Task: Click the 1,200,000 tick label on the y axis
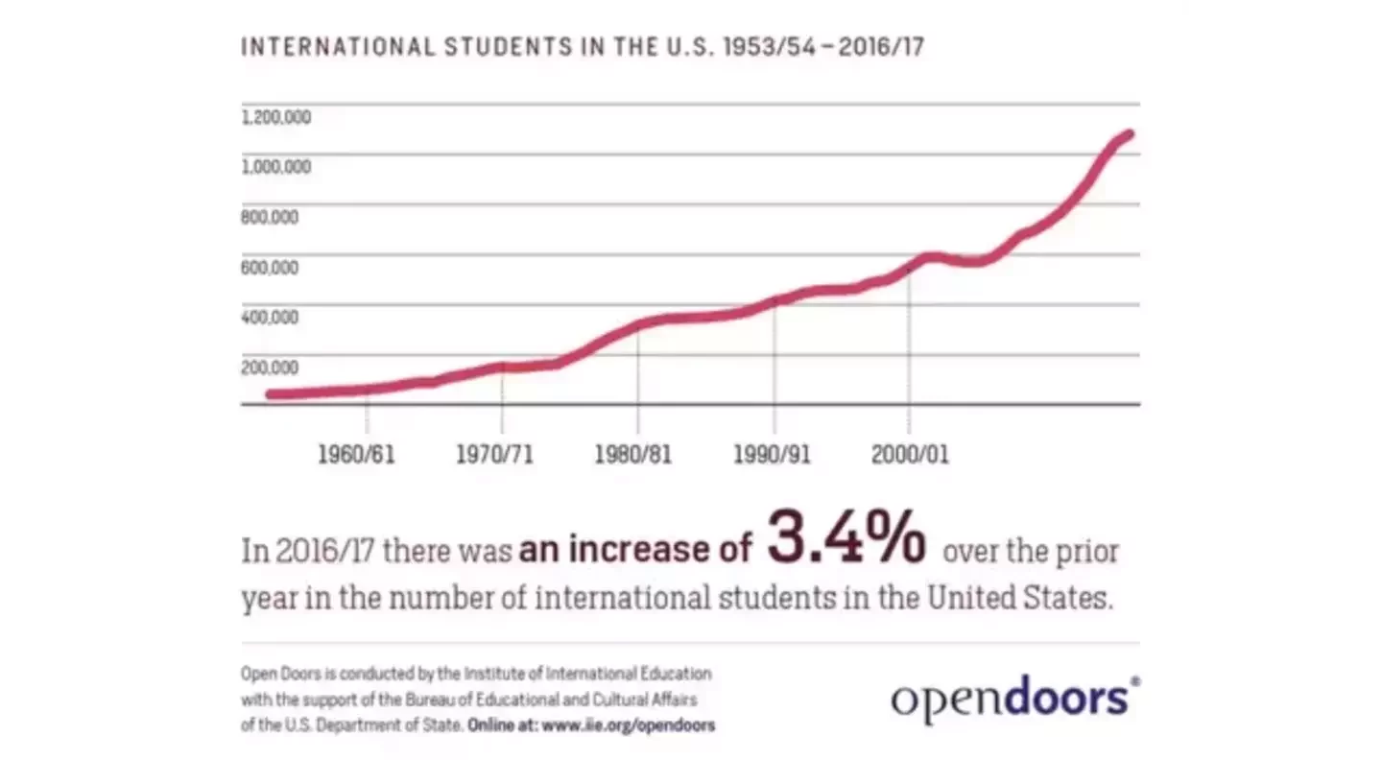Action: [275, 117]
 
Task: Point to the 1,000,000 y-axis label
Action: [275, 167]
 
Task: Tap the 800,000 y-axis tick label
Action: [269, 217]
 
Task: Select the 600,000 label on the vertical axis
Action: [269, 267]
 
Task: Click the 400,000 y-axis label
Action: [269, 317]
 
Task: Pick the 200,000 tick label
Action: [269, 367]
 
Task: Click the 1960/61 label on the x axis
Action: [356, 454]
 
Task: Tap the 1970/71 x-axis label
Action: [494, 454]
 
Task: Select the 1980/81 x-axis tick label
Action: [632, 454]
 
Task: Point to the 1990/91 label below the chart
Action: [772, 454]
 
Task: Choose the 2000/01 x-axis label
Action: [910, 454]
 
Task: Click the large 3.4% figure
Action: [846, 539]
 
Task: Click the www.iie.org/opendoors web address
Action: [628, 725]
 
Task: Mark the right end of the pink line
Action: [1130, 134]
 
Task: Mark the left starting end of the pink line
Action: [271, 394]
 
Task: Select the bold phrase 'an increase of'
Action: [635, 550]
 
